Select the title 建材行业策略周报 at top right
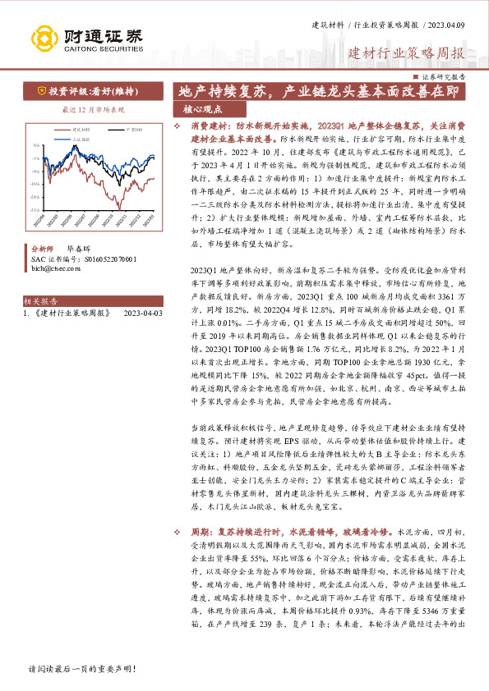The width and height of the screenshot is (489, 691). click(x=407, y=54)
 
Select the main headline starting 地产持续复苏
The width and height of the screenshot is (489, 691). click(x=321, y=91)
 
